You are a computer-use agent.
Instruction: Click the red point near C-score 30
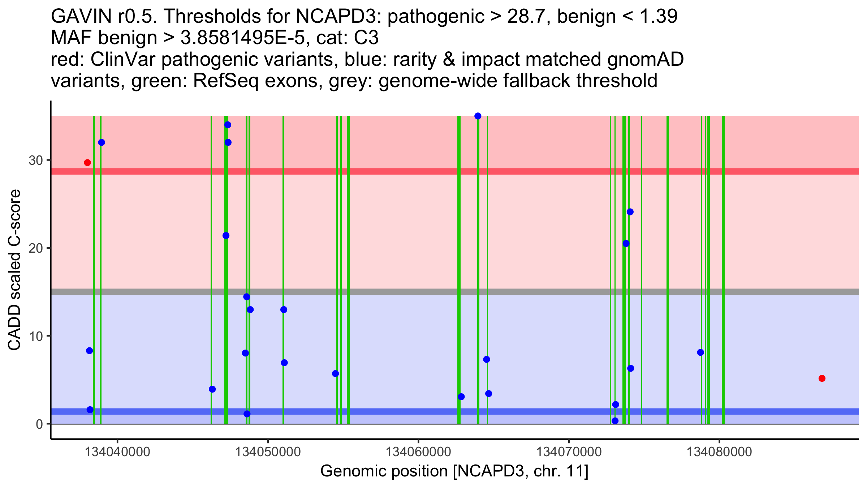pos(87,163)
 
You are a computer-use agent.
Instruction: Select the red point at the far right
pos(822,378)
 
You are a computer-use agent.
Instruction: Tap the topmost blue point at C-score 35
pos(478,116)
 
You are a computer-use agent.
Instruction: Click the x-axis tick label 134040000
pos(117,452)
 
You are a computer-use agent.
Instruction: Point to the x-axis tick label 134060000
pos(418,452)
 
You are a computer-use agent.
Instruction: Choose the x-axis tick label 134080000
pos(719,452)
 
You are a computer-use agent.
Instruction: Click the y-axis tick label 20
pos(36,248)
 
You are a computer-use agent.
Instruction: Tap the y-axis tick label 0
pos(39,424)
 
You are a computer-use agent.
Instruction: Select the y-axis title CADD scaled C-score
pos(14,270)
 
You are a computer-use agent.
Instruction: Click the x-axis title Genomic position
pos(454,471)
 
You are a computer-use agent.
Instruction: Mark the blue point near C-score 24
pos(630,212)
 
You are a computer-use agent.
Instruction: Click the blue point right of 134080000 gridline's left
pos(700,352)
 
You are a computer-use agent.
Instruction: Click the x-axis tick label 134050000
pos(268,452)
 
